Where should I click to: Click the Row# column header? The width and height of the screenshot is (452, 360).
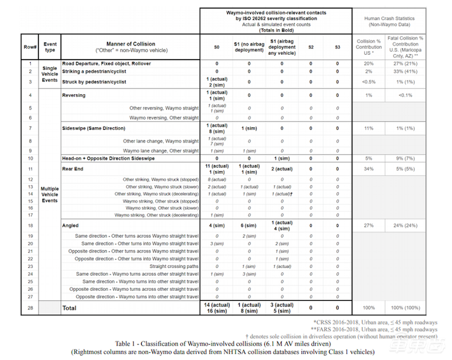point(30,47)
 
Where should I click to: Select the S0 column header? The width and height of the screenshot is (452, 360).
point(216,47)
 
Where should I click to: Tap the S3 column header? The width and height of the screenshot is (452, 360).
point(337,47)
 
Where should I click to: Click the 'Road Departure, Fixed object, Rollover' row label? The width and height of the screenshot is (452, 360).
point(106,63)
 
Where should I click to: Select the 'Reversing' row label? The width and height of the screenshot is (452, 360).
point(74,95)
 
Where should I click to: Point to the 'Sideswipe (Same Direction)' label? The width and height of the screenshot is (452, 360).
point(94,128)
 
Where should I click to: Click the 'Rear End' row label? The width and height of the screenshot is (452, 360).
point(73,169)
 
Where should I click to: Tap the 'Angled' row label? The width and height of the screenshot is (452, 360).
point(71,225)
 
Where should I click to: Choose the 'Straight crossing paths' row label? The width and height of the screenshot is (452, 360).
point(174,266)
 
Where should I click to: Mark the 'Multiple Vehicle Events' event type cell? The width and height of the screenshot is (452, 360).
point(50,195)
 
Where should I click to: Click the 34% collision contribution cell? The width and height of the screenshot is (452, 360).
point(369,169)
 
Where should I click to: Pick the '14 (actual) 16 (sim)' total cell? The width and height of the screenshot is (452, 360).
point(216,308)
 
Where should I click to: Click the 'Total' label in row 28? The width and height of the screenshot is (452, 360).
point(70,308)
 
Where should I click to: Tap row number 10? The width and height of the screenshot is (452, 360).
point(30,158)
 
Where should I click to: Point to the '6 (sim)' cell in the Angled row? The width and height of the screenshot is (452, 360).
point(249,225)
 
